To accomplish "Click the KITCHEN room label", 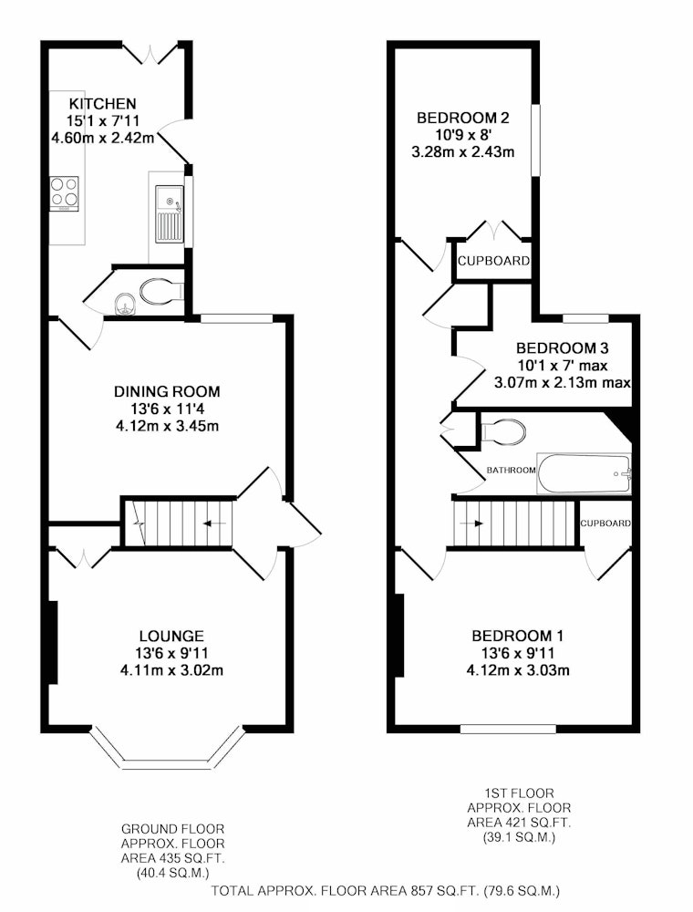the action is click(x=102, y=104).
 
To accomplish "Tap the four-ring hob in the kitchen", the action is click(x=64, y=193).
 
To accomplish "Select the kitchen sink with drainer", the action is click(x=170, y=214).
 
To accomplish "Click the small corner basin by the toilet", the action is click(x=124, y=303).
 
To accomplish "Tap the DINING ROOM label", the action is click(x=167, y=391).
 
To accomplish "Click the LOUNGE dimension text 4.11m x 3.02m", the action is click(x=171, y=670).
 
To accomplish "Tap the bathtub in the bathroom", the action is click(x=584, y=473).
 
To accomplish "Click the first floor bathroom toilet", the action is click(x=502, y=431).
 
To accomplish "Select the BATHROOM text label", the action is click(x=511, y=470).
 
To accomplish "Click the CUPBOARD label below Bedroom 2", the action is click(x=493, y=261).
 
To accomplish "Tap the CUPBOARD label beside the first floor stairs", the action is click(x=605, y=523).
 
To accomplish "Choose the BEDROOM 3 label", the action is click(x=563, y=348).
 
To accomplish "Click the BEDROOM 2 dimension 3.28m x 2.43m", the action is click(x=463, y=152).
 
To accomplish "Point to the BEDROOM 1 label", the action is click(x=517, y=637).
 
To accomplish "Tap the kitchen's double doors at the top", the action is click(x=150, y=54).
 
